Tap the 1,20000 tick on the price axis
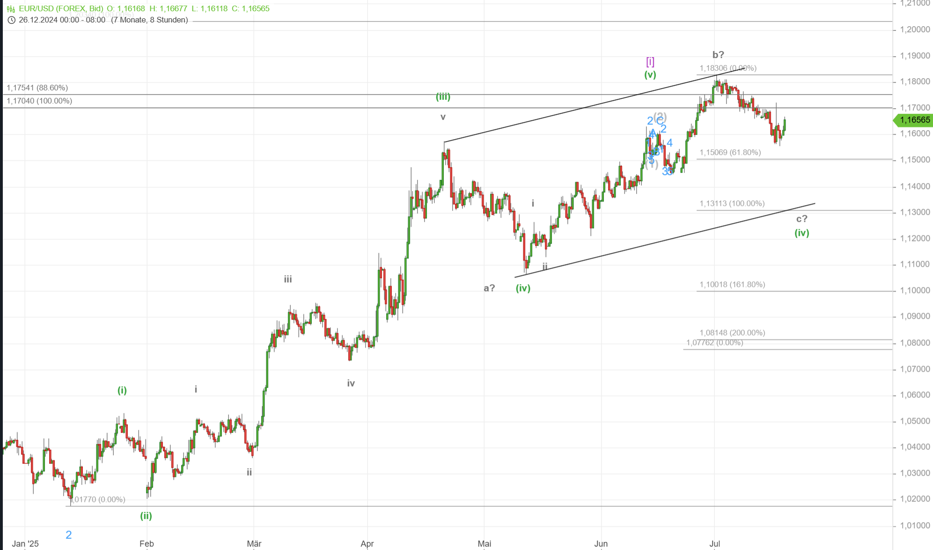click(x=915, y=29)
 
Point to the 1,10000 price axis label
click(x=915, y=290)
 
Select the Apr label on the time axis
click(x=367, y=543)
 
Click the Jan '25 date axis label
click(x=25, y=543)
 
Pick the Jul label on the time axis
click(x=714, y=543)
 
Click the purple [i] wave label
click(x=650, y=61)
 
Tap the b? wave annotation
click(x=718, y=55)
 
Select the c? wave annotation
click(x=801, y=219)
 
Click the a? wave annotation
click(x=489, y=288)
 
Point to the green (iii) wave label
click(x=443, y=96)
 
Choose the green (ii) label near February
click(x=146, y=516)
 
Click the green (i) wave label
click(x=122, y=390)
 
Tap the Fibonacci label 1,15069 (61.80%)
click(x=730, y=153)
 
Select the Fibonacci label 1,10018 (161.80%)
click(x=732, y=285)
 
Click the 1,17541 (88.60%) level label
click(x=37, y=88)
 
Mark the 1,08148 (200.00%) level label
click(x=732, y=333)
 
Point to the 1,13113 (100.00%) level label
click(x=732, y=204)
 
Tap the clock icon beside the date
click(x=12, y=20)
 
